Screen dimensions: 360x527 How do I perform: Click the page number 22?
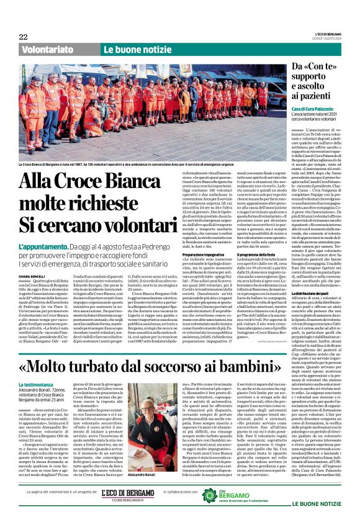point(24,37)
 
